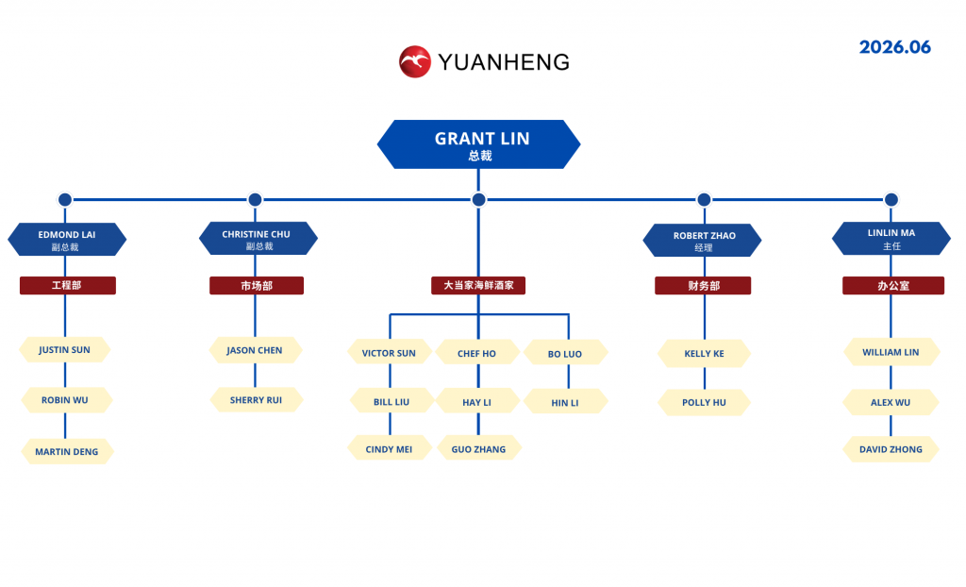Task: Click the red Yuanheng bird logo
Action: pos(415,61)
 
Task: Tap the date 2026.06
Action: pos(894,47)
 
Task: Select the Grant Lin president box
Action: pos(478,144)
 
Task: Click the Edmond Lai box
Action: pos(67,240)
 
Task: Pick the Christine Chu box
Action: pos(258,238)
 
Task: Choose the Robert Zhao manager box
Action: pos(702,240)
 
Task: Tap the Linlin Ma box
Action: pos(891,238)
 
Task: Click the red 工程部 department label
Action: pos(68,286)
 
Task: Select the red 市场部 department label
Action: pos(257,286)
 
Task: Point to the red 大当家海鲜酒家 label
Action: pos(478,286)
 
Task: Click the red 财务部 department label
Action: pos(703,286)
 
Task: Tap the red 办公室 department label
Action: pos(893,286)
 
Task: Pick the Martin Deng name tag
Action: pos(67,451)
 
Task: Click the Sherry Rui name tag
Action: pos(257,399)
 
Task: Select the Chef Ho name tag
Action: pos(476,353)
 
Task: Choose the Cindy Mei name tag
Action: pos(390,448)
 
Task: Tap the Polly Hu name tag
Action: pos(704,402)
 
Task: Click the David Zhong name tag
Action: pos(891,449)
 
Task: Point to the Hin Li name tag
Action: pos(566,402)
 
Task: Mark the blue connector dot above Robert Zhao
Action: pos(704,200)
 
